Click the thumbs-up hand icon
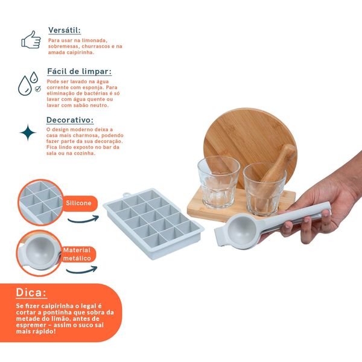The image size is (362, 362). point(31,39)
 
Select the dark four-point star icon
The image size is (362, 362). point(28,133)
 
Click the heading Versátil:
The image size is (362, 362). point(64,30)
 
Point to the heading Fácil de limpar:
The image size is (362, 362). point(79,71)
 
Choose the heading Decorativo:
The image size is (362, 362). point(71,119)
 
